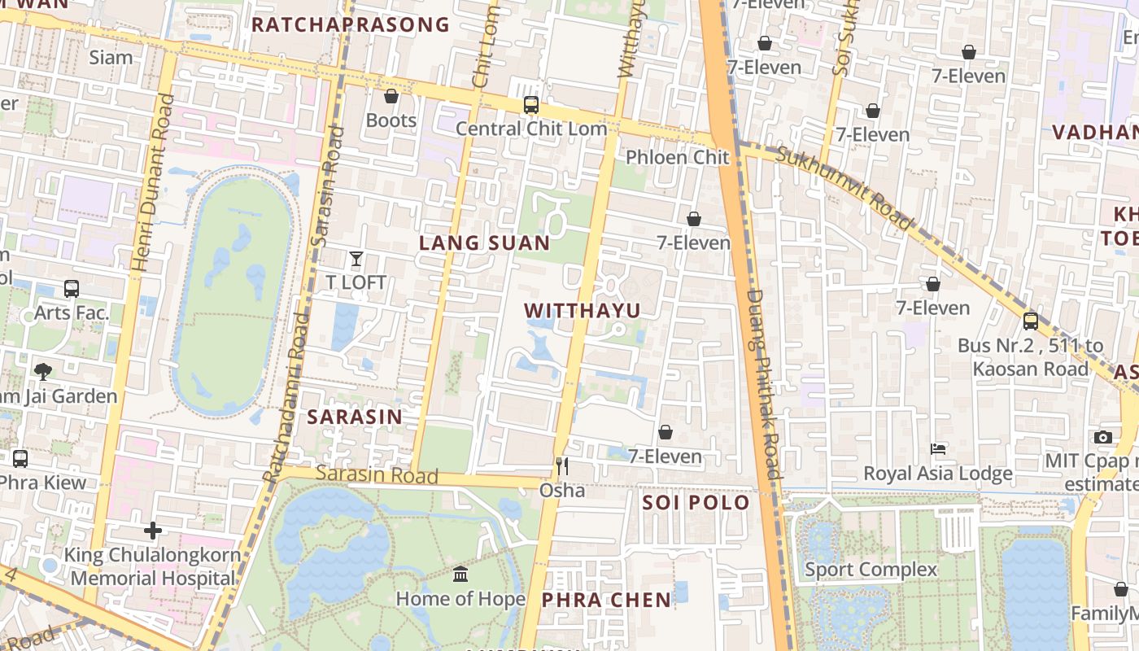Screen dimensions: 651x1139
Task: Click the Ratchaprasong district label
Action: pyautogui.click(x=350, y=24)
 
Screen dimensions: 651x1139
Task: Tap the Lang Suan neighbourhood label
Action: pyautogui.click(x=484, y=242)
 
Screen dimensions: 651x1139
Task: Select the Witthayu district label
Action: pyautogui.click(x=582, y=310)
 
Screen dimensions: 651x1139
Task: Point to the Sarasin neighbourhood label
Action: pyautogui.click(x=354, y=417)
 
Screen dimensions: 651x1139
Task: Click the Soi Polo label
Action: pyautogui.click(x=696, y=502)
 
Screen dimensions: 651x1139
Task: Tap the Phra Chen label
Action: pyautogui.click(x=606, y=600)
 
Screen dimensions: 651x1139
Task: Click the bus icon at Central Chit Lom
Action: pyautogui.click(x=531, y=105)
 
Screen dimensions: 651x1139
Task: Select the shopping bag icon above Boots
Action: pyautogui.click(x=391, y=96)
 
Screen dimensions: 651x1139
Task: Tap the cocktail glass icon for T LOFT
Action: pyautogui.click(x=356, y=259)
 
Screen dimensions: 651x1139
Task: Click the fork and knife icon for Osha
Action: pyautogui.click(x=561, y=465)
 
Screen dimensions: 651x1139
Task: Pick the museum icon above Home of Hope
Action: pyautogui.click(x=460, y=574)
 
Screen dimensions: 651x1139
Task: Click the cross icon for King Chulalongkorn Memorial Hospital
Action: pyautogui.click(x=152, y=531)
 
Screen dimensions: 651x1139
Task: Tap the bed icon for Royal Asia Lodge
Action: pyautogui.click(x=937, y=449)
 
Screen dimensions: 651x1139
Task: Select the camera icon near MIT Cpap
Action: pyautogui.click(x=1103, y=438)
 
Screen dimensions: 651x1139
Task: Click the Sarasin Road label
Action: pyautogui.click(x=377, y=474)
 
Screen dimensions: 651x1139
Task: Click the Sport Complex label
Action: pyautogui.click(x=871, y=570)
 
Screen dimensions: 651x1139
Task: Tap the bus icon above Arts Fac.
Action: pyautogui.click(x=72, y=288)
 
